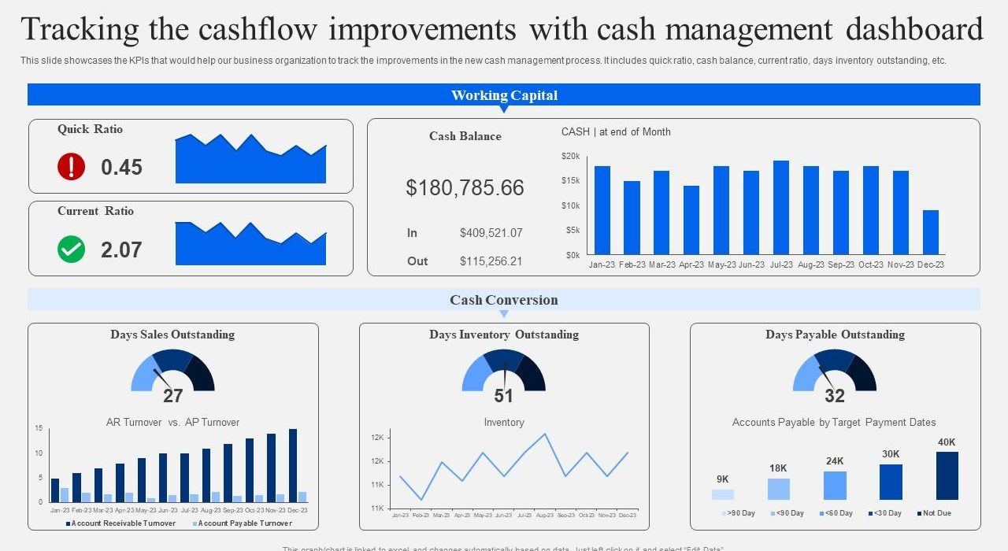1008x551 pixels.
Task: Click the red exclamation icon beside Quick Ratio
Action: [x=71, y=167]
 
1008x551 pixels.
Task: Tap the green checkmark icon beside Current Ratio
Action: [x=71, y=250]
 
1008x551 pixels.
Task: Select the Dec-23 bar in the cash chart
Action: [x=930, y=232]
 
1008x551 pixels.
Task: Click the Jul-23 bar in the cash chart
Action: [x=781, y=207]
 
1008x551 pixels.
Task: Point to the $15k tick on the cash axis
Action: [x=571, y=181]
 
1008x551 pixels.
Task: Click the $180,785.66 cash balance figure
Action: [x=465, y=188]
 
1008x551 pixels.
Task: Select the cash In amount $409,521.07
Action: [x=491, y=233]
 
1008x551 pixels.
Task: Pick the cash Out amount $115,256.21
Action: [x=491, y=261]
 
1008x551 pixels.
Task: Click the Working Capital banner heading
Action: [x=504, y=95]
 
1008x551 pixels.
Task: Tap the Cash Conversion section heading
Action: [x=504, y=300]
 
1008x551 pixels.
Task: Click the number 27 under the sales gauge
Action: [x=172, y=396]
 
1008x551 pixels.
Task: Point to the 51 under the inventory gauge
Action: [x=503, y=396]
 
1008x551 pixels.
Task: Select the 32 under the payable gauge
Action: [x=834, y=396]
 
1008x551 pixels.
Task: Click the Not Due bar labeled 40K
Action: [x=947, y=475]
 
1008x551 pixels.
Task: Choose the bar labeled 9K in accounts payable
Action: [x=722, y=494]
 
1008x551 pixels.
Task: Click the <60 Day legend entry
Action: [x=836, y=513]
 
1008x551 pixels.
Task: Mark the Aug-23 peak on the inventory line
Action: [x=545, y=434]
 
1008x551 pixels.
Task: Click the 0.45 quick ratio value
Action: [x=121, y=167]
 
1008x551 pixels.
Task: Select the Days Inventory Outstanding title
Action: [x=504, y=335]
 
